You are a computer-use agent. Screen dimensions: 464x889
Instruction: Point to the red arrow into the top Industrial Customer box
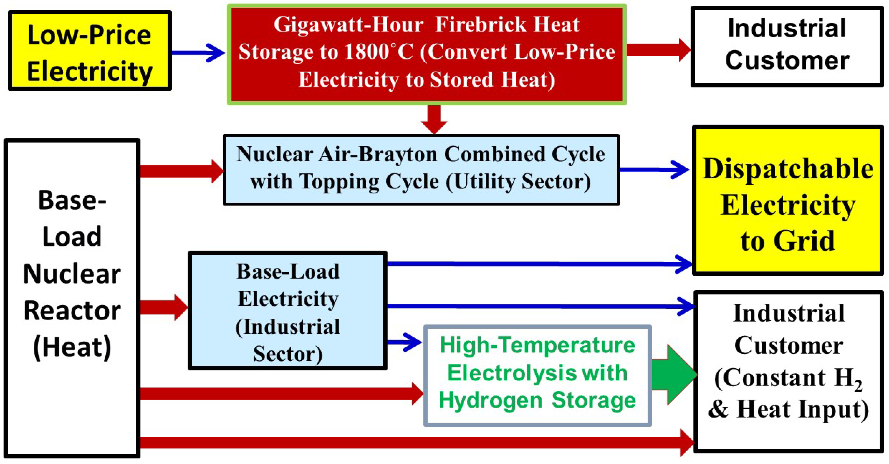coord(657,50)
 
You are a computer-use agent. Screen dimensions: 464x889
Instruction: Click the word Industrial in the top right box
coord(787,28)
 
